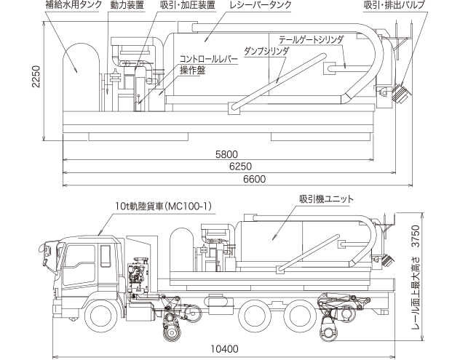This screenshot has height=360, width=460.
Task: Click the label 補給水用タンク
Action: pyautogui.click(x=71, y=5)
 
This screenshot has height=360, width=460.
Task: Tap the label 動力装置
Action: pyautogui.click(x=127, y=5)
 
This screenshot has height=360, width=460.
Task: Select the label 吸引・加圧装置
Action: pyautogui.click(x=187, y=5)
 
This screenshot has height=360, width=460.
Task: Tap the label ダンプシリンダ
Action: pyautogui.click(x=267, y=51)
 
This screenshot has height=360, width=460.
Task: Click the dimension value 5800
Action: pyautogui.click(x=226, y=154)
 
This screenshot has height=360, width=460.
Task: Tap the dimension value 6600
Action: pyautogui.click(x=254, y=179)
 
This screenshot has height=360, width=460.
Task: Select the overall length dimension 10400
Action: pyautogui.click(x=225, y=349)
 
